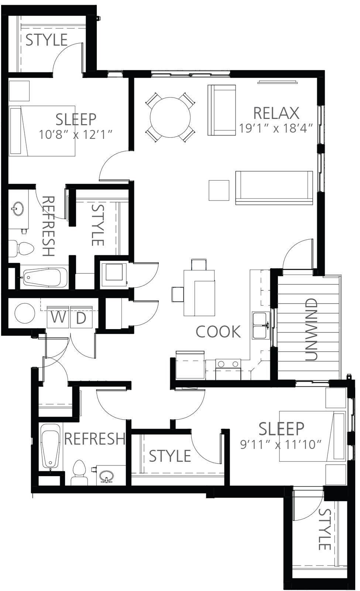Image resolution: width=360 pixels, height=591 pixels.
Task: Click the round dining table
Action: [x=170, y=117]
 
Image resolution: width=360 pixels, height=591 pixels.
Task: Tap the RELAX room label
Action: [x=276, y=113]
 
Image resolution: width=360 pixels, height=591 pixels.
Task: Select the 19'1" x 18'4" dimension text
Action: [x=275, y=128]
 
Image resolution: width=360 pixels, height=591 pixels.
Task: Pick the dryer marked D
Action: [x=81, y=317]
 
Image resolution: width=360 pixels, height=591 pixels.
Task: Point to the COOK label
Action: [x=218, y=332]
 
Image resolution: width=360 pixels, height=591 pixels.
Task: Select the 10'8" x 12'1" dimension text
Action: [x=76, y=134]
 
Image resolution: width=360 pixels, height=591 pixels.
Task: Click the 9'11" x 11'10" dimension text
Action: [x=281, y=445]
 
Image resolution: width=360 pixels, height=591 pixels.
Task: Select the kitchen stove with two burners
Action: [x=228, y=369]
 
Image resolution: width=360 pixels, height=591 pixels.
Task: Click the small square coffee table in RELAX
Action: [x=219, y=191]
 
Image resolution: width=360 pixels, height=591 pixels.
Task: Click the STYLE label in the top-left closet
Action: [x=47, y=40]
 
